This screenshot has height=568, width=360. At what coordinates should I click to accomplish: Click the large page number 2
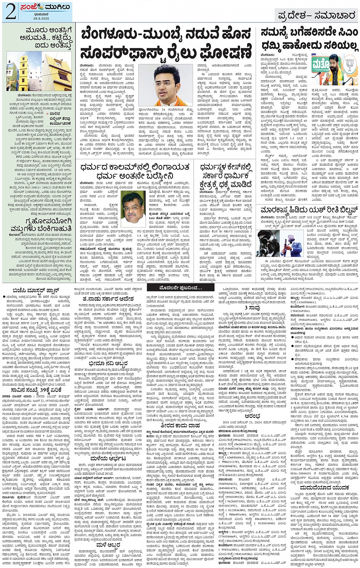tap(10, 11)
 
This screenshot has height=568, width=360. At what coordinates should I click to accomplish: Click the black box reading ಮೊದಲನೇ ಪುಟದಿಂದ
tap(174, 288)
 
